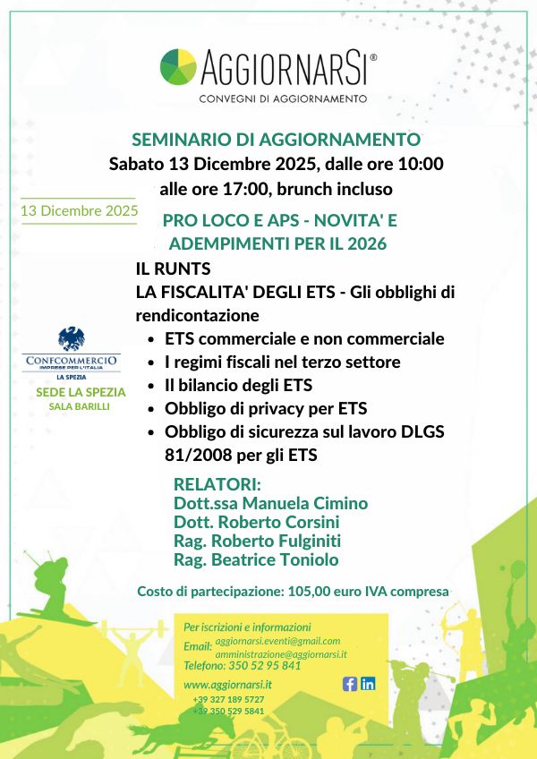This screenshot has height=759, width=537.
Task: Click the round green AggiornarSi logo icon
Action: pos(178,66)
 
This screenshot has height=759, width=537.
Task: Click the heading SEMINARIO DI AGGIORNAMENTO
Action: pos(276,140)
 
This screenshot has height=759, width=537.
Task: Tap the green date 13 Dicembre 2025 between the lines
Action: pos(79,211)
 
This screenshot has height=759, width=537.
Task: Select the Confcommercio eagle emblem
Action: pos(72,339)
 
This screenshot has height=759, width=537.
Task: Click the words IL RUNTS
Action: pos(173,269)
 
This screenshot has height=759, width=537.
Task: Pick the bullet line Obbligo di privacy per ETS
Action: pos(253,409)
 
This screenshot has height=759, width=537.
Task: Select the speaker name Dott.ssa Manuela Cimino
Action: pos(270,503)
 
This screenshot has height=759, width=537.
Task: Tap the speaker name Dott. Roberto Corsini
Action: pos(256,522)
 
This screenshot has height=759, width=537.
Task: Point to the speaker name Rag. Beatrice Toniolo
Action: pos(256,559)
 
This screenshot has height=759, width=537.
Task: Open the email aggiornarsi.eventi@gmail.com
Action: pos(277,641)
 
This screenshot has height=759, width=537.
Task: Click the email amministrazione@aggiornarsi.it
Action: pos(281,655)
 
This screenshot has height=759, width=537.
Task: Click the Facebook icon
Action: pos(350,684)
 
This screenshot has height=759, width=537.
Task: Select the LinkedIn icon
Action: pos(368,684)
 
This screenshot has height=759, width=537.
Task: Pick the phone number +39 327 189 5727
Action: pos(228,699)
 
